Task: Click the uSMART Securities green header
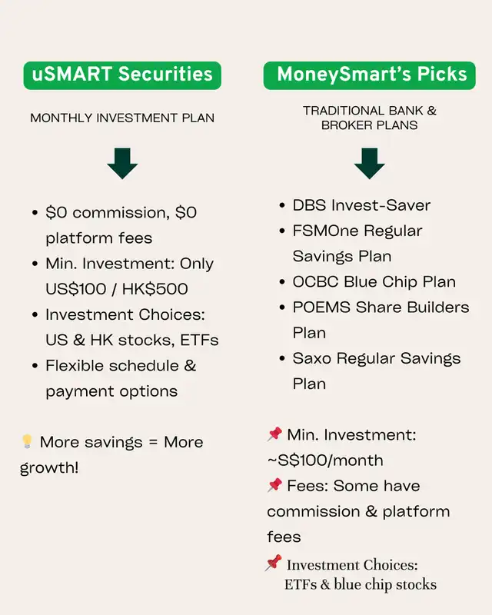122,75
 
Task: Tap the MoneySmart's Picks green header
369,75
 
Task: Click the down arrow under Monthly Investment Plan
122,164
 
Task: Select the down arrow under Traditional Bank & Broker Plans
369,164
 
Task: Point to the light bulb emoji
27,441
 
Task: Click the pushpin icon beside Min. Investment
274,434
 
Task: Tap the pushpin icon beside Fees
274,485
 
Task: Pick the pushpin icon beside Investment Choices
273,563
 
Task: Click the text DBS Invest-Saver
361,205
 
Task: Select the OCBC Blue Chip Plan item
374,281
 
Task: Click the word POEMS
321,307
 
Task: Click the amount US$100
76,289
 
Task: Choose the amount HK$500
155,289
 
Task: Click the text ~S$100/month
325,460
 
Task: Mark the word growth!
49,467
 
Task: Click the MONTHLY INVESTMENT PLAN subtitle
122,118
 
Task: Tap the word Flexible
74,365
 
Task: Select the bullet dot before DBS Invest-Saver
281,205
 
